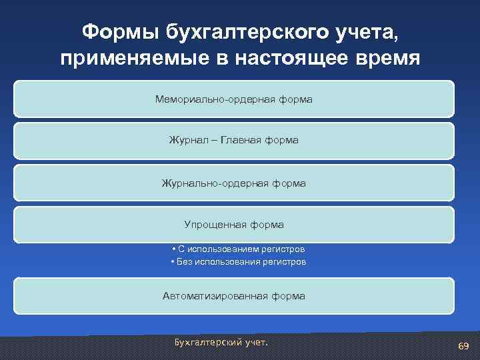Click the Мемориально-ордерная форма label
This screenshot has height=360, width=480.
(x=234, y=99)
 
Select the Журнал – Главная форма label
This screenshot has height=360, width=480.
(x=234, y=141)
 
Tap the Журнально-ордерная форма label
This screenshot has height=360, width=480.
(x=234, y=183)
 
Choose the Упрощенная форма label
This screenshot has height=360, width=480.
(x=234, y=225)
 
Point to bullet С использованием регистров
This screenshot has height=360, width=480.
(x=238, y=249)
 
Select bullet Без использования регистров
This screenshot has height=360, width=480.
(x=238, y=262)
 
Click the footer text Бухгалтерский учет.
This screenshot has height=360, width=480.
(x=221, y=342)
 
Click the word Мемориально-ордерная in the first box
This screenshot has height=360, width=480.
(x=207, y=99)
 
